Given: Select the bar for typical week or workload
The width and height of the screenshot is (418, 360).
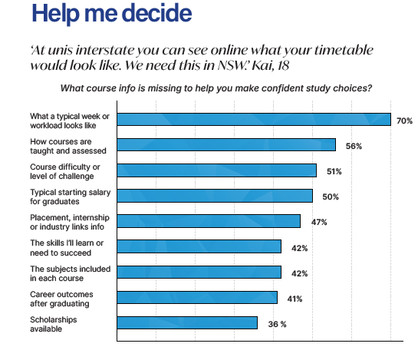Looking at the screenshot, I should (253, 120).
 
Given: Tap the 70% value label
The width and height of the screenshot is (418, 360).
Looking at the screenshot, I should (405, 121).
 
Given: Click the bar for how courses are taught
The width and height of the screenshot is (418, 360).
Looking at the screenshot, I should (225, 145).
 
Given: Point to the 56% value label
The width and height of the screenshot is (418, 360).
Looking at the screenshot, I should (353, 146).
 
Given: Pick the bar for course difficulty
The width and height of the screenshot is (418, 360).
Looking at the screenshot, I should (216, 170).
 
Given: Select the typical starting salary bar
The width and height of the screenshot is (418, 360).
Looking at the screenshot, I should (214, 196).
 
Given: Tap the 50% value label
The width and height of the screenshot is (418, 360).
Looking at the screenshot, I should (330, 197).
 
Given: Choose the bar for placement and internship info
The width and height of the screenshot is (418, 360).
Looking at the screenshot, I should (208, 221).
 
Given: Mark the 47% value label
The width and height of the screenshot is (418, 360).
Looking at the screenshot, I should (319, 222).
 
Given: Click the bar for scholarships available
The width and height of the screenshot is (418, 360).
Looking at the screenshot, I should (186, 322).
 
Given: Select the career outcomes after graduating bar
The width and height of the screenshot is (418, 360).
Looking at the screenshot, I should (196, 297).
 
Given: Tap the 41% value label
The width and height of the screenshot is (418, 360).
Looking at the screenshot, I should (295, 299).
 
